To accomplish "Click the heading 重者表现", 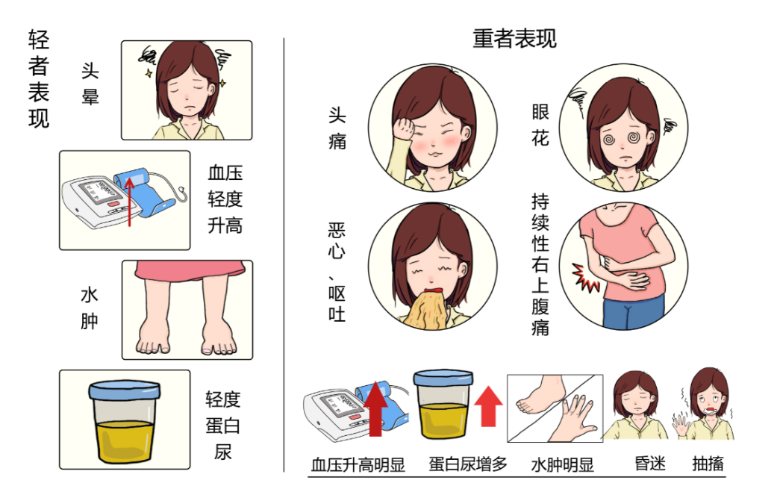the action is click(514, 39).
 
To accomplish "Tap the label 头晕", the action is click(90, 84).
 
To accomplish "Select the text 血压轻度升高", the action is click(225, 199).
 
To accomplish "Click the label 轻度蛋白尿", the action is click(223, 426).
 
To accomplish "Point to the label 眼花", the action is click(540, 125).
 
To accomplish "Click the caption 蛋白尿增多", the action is click(468, 464).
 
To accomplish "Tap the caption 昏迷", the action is click(650, 464).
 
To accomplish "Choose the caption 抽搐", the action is click(708, 464).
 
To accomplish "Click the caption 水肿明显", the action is click(563, 464).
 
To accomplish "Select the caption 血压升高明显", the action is click(358, 464).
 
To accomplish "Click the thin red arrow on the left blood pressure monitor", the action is click(130, 202).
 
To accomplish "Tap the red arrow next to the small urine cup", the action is click(488, 406).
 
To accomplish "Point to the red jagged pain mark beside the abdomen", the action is click(585, 278).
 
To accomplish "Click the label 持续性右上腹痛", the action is click(540, 264).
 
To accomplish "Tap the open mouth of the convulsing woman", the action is click(711, 411).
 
